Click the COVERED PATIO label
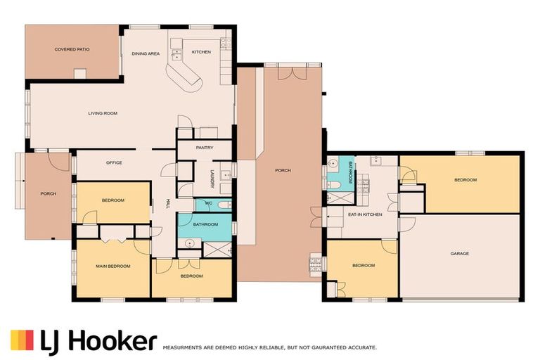click(72, 49)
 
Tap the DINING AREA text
click(146, 53)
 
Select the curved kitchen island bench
click(184, 77)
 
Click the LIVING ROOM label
click(103, 113)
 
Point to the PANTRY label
click(205, 148)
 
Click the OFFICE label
click(114, 162)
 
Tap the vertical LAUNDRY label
click(212, 179)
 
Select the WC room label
click(208, 203)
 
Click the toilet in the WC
click(224, 205)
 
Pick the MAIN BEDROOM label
click(113, 266)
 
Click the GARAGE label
click(460, 254)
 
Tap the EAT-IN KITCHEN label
click(365, 214)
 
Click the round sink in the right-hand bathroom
click(333, 164)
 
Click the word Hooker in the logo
click(113, 340)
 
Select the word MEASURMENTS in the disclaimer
click(182, 348)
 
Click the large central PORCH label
click(283, 171)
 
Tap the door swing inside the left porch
click(58, 162)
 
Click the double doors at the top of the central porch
click(292, 73)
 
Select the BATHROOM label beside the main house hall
click(205, 224)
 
